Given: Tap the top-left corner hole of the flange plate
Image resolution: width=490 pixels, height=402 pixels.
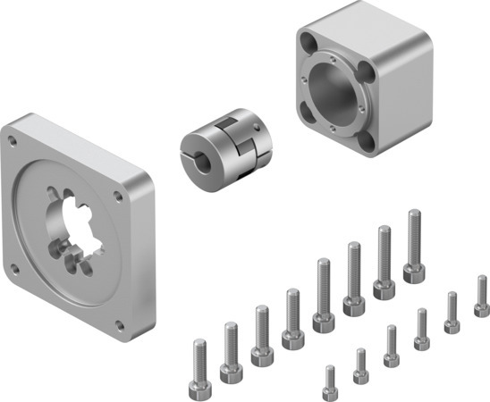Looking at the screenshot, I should click(13, 140).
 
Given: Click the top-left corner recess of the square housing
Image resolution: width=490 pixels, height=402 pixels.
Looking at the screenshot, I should click(309, 41).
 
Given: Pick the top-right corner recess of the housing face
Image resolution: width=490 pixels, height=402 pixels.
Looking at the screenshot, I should click(365, 68).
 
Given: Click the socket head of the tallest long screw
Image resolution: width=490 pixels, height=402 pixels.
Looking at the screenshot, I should click(413, 272).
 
